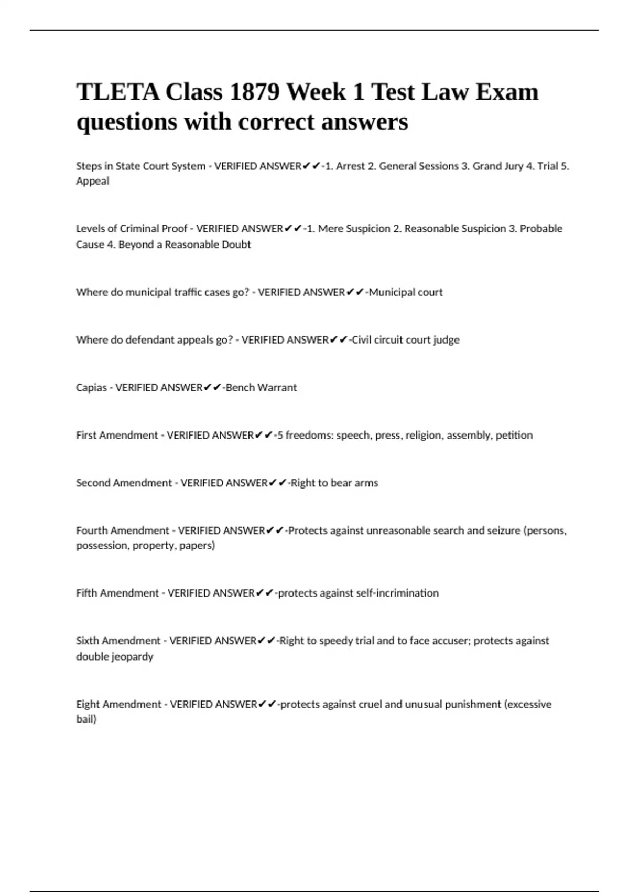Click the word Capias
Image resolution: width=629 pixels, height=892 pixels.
coord(91,388)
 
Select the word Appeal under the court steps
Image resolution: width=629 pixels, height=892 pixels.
coord(93,181)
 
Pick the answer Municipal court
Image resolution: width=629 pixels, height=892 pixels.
coord(406,292)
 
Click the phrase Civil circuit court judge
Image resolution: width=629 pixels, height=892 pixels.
coord(405,340)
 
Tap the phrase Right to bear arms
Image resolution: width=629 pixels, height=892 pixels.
coord(334,483)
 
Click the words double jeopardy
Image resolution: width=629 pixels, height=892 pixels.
coord(115,657)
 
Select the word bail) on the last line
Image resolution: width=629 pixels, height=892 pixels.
coord(86,719)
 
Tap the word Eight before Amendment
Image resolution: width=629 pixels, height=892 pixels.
coord(88,705)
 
